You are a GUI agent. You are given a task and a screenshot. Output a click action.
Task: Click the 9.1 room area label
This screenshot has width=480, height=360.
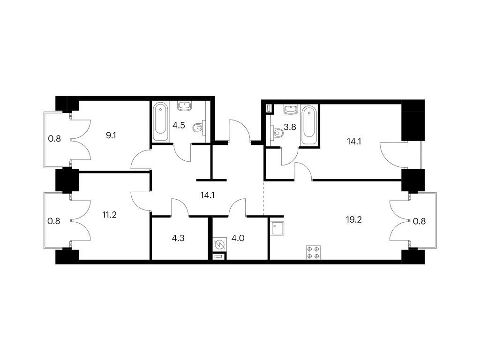111,135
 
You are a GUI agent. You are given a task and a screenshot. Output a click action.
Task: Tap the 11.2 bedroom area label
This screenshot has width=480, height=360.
109,215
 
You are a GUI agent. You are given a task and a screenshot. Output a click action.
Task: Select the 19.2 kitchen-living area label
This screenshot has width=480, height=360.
354,219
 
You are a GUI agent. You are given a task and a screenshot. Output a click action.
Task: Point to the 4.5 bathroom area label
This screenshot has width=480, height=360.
179,126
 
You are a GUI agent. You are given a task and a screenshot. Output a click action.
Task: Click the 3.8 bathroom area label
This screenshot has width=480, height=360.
290,127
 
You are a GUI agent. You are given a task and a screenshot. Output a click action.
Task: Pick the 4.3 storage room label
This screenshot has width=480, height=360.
178,238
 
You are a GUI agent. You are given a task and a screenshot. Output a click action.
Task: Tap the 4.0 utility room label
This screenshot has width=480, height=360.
238,238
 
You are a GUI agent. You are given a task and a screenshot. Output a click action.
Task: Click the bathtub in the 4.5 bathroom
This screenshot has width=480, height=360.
160,122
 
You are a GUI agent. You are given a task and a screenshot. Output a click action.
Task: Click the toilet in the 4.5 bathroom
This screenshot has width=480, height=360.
199,127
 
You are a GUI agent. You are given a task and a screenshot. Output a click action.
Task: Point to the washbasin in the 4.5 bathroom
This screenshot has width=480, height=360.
185,106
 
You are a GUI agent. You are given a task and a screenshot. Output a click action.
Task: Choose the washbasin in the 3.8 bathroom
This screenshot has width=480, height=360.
291,109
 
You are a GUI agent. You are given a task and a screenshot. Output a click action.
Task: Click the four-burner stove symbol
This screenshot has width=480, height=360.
314,253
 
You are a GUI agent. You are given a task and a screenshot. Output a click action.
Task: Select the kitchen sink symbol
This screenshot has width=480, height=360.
277,228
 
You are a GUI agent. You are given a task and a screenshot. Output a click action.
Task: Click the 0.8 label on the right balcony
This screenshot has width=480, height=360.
419,221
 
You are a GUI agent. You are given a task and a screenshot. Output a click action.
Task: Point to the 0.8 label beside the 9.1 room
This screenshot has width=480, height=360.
54,139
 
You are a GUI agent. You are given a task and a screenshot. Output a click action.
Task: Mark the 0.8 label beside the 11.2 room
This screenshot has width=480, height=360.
54,221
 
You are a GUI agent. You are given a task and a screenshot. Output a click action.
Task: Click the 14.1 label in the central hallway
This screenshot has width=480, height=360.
207,195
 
